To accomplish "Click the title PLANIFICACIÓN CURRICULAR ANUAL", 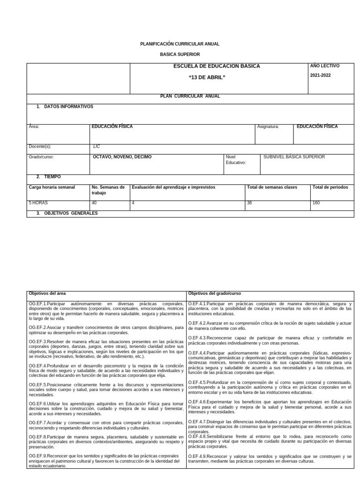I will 180,44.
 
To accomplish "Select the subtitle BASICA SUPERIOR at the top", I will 180,54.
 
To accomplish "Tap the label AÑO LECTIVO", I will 325,66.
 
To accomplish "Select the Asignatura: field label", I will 268,127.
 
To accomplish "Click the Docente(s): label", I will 40,146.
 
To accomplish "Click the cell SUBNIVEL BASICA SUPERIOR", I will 294,157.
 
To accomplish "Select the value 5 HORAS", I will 38,203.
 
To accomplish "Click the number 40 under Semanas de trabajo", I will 94,203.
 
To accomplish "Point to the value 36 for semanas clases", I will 249,203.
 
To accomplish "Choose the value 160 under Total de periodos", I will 316,203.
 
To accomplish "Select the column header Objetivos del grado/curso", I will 214,293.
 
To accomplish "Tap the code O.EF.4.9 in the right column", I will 197,456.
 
